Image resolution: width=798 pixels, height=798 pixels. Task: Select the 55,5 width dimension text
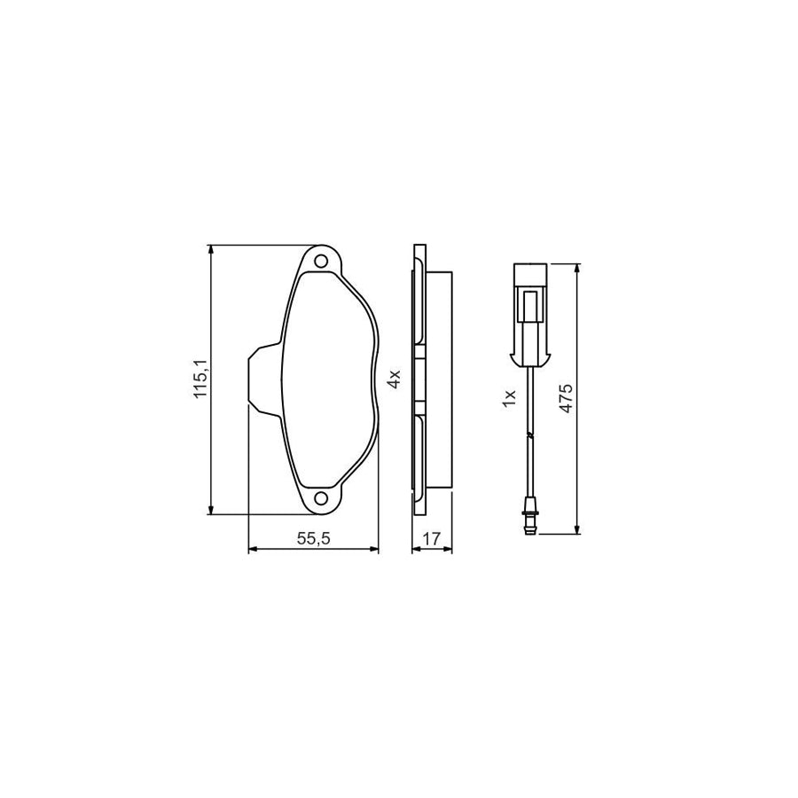(x=313, y=538)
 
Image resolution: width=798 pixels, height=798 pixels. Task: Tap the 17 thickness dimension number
(x=432, y=538)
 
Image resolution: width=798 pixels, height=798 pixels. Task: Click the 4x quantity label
(x=395, y=379)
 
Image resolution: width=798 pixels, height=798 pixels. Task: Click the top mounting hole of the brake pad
(x=321, y=261)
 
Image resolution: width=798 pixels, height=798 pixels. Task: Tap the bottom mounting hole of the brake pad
(x=321, y=497)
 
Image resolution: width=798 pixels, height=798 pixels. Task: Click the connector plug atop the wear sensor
(x=530, y=315)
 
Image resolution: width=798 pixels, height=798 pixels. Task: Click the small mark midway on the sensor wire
(x=529, y=435)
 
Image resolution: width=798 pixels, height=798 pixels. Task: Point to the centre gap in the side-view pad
(x=419, y=379)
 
